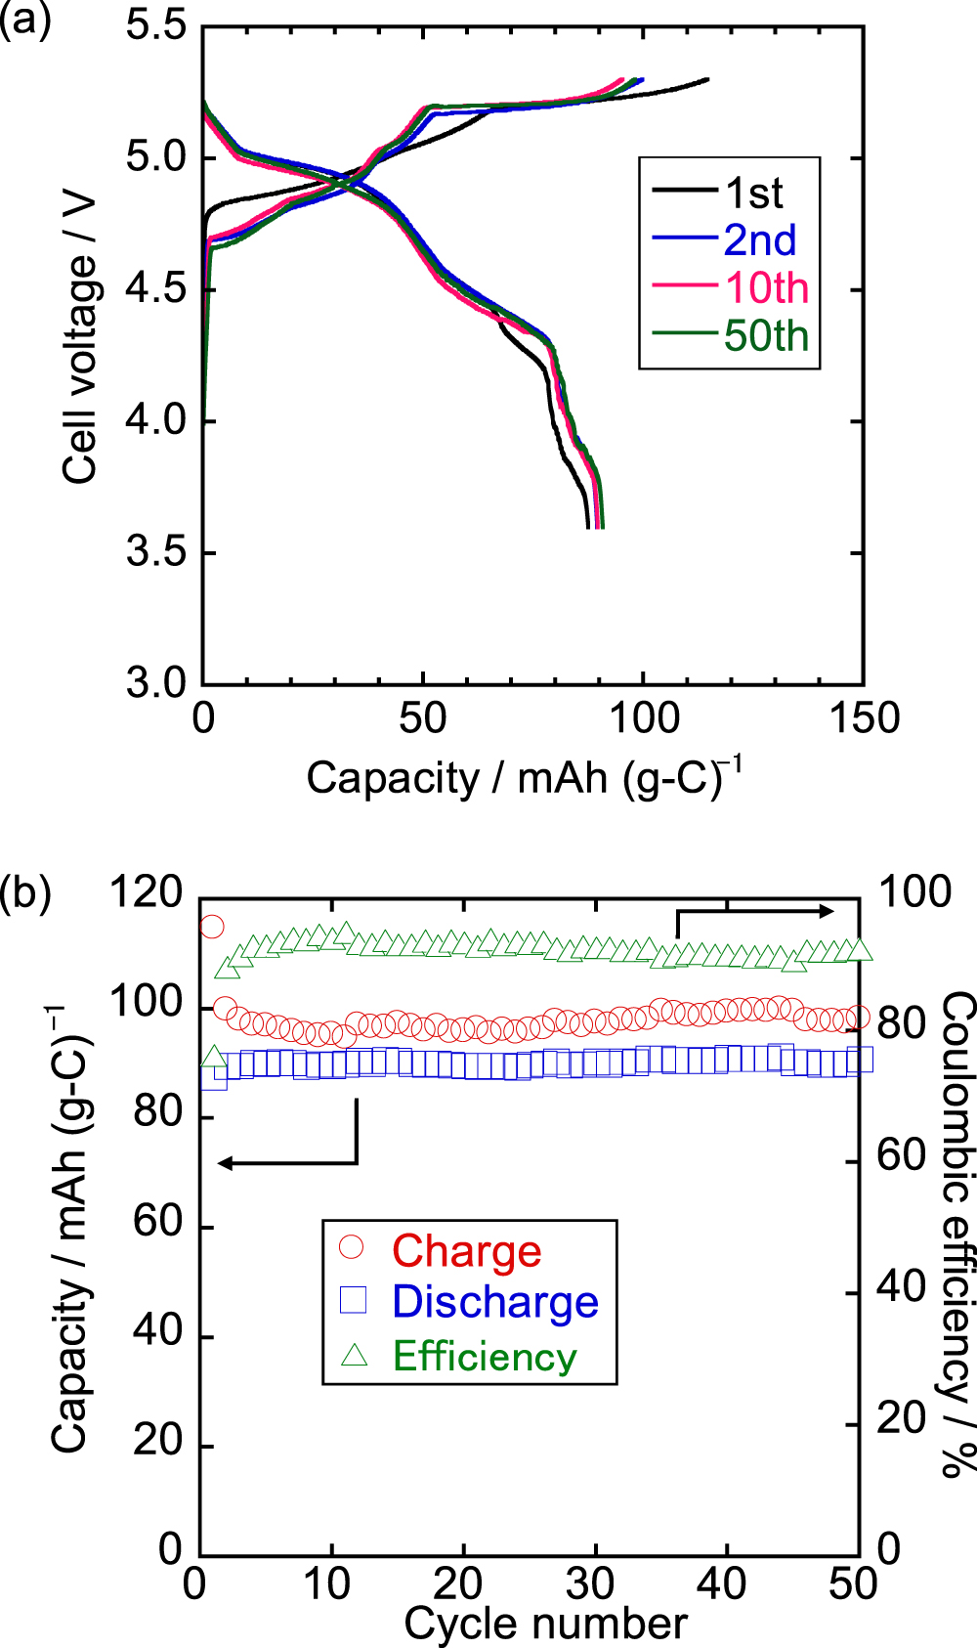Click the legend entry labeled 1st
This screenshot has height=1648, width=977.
click(x=753, y=194)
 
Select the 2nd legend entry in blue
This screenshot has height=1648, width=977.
click(x=759, y=240)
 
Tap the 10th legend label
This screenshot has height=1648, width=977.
click(x=766, y=288)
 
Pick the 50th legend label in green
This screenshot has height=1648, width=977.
click(x=766, y=336)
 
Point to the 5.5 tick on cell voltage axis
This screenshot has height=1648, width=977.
click(x=156, y=26)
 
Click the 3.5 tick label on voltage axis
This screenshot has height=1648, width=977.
click(x=156, y=552)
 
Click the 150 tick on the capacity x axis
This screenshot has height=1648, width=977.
click(x=864, y=718)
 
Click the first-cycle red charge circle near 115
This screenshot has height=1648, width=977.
click(x=212, y=927)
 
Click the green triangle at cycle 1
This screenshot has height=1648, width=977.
click(x=214, y=1057)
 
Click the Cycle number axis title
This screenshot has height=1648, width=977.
click(x=545, y=1624)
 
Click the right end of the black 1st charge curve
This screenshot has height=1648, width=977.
click(x=706, y=79)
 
